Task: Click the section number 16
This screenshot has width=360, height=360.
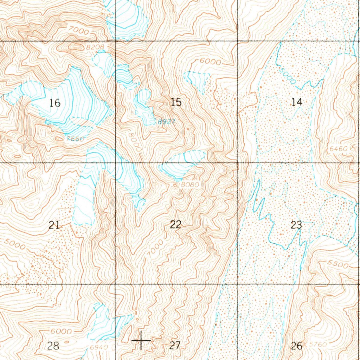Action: [x=55, y=103]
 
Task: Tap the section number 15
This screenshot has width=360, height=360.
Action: [x=176, y=102]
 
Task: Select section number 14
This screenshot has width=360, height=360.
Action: [x=297, y=102]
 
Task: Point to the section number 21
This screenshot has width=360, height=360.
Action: [x=54, y=225]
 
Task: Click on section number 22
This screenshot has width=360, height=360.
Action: [x=175, y=224]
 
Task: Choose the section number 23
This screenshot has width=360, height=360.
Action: [x=296, y=225]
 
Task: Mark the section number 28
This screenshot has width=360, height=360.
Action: [x=53, y=346]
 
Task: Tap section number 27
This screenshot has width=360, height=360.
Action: [x=175, y=346]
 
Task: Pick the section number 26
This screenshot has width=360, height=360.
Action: [x=296, y=346]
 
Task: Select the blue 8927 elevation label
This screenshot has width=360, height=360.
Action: [x=166, y=122]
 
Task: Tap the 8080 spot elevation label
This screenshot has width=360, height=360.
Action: [x=190, y=184]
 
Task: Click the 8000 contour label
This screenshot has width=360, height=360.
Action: [x=135, y=142]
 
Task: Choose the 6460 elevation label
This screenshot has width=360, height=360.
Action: [x=339, y=149]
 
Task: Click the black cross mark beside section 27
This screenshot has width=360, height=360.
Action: [x=141, y=340]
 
